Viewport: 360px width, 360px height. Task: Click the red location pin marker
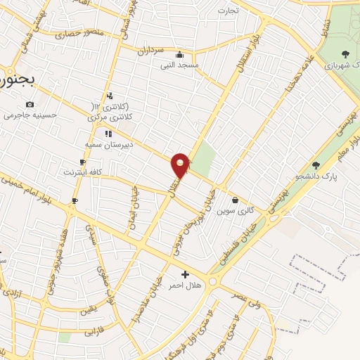click(181, 165)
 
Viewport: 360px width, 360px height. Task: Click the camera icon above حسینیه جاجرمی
click(30, 105)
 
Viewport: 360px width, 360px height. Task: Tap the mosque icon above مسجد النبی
click(181, 55)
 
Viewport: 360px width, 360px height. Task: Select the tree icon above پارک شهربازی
click(344, 53)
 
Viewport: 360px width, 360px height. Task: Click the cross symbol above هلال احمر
click(185, 274)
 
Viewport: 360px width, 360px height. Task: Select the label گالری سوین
click(234, 210)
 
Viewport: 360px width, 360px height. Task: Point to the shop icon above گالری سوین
click(234, 200)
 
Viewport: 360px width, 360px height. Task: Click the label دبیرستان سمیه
click(105, 144)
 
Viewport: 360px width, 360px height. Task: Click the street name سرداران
click(150, 51)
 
